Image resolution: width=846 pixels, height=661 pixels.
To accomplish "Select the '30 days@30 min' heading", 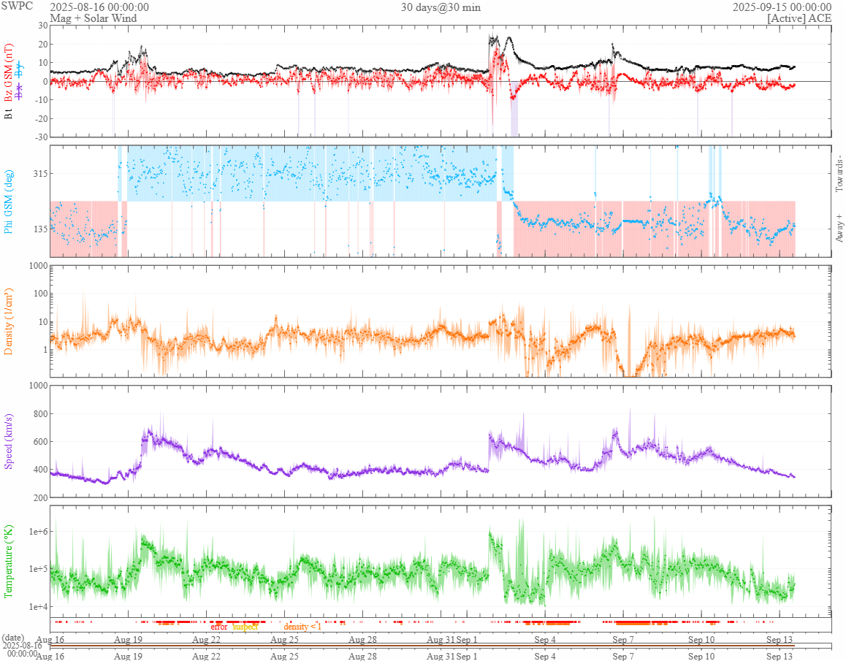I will coord(441,7).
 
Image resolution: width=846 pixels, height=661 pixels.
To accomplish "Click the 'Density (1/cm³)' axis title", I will coord(9,322).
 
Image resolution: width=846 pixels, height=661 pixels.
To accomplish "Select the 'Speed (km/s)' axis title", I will coord(9,442).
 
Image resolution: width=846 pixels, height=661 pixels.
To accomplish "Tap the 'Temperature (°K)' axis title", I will coord(9,562).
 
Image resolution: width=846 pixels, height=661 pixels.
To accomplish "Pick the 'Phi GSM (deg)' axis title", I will coord(9,201).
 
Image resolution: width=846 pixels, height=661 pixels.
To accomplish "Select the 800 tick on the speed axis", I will coord(39,414).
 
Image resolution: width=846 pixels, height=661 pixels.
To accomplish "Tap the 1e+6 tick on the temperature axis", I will coord(37,531).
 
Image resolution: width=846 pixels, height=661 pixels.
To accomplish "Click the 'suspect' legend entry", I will coord(245,627).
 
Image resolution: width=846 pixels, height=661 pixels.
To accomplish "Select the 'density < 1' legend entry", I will coord(302,627).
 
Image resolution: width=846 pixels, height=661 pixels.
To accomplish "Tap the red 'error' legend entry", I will coord(218,627).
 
